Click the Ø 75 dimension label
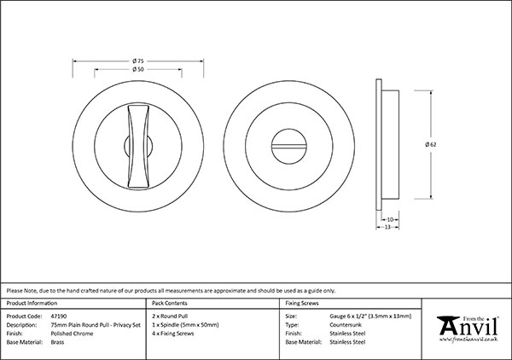[x=138, y=61]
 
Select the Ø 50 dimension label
[x=138, y=69]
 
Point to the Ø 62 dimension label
[x=431, y=144]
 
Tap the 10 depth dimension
[x=390, y=219]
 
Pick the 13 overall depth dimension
[x=387, y=227]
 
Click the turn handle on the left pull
[x=138, y=146]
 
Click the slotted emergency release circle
[x=289, y=146]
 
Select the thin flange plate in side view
[x=379, y=144]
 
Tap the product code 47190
[x=59, y=316]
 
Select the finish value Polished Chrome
[x=72, y=334]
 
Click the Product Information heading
[x=32, y=303]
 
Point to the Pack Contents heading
[x=170, y=303]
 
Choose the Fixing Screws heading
[x=302, y=303]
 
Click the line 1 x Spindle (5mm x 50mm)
[x=185, y=325]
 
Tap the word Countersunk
[x=346, y=325]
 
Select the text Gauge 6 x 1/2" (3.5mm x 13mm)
[x=370, y=316]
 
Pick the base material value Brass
[x=57, y=342]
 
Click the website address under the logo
[x=468, y=340]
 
